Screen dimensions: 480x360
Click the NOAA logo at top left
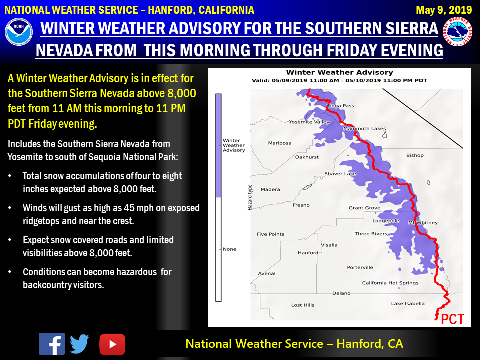tap(18, 32)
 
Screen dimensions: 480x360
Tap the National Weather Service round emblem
tap(457, 32)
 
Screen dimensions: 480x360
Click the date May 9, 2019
tap(444, 10)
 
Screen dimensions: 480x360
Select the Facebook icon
tap(51, 344)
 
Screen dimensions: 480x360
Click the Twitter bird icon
tap(79, 344)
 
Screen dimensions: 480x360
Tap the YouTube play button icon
tap(112, 344)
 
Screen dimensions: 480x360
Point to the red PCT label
tap(453, 319)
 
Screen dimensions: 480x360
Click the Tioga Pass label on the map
tap(340, 106)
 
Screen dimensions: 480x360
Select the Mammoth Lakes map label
tap(364, 129)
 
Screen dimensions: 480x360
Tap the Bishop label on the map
tap(415, 155)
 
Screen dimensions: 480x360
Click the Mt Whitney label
tap(423, 223)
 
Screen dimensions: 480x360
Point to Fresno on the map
tap(301, 205)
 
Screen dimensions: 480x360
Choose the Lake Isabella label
tap(408, 303)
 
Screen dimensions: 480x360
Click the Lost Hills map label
tap(303, 305)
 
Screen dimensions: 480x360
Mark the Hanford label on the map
tap(308, 253)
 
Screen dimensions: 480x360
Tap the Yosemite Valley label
tap(309, 122)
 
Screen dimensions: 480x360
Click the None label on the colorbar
tap(229, 249)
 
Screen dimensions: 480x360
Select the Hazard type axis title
tap(250, 197)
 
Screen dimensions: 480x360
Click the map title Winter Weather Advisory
tap(340, 72)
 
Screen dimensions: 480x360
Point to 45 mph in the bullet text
tap(138, 208)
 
